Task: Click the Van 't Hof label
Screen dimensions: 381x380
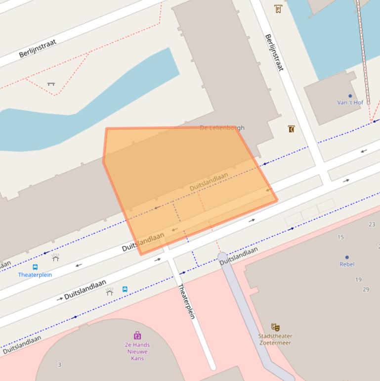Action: pos(350,102)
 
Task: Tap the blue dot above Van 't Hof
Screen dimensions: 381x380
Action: pos(350,96)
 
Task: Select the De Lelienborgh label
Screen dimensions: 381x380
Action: pos(222,128)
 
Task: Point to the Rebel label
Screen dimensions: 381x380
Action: pos(347,264)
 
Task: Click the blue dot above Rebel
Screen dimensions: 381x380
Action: pos(347,257)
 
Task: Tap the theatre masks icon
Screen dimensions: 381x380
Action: pos(275,327)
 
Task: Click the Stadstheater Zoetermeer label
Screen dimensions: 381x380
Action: pos(275,339)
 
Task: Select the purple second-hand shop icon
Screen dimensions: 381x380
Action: pos(137,336)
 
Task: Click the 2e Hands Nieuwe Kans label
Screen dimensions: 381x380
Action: pos(137,351)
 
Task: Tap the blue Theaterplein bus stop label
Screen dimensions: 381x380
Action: pos(35,275)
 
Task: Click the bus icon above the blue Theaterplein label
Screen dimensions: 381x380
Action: pos(35,267)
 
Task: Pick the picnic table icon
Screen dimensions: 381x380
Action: pos(51,84)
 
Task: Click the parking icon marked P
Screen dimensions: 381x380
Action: pos(278,8)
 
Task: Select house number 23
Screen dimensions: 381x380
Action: pos(372,224)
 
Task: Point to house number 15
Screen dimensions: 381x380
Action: pos(340,237)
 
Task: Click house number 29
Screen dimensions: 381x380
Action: pos(366,289)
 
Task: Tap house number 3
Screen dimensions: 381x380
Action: pos(60,365)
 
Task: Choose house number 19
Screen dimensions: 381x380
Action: pos(358,280)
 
